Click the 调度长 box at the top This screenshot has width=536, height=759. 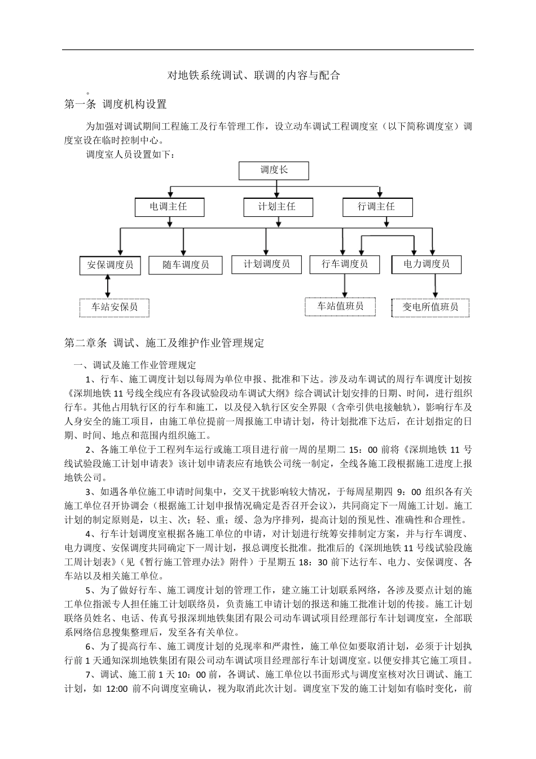(x=274, y=171)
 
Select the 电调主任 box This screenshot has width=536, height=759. (x=169, y=207)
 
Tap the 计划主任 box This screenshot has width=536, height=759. (x=277, y=207)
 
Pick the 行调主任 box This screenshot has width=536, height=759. (x=376, y=207)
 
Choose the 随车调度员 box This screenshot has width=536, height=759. (x=186, y=265)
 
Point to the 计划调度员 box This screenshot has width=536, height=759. (x=267, y=264)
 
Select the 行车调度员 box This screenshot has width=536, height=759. (x=345, y=264)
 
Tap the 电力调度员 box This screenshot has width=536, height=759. (x=427, y=264)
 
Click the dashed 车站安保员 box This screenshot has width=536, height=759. (x=115, y=307)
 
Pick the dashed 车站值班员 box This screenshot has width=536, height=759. (x=340, y=307)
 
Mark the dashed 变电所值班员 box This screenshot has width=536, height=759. (x=430, y=307)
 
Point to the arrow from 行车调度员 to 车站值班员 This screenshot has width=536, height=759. (x=344, y=286)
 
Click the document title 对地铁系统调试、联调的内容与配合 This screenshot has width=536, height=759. (x=254, y=75)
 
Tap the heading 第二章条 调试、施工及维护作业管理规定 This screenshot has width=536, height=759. (x=164, y=343)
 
